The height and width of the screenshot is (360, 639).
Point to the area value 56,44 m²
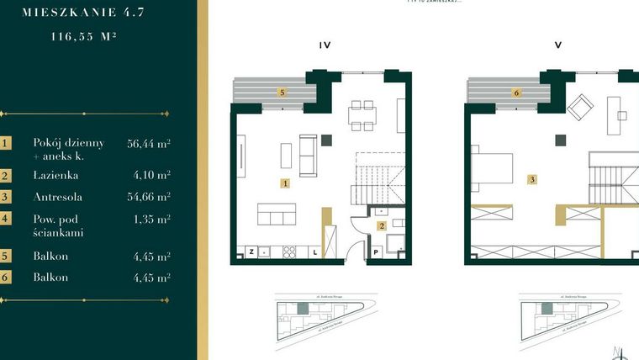point(148,144)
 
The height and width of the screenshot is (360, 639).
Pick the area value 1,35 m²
point(151,219)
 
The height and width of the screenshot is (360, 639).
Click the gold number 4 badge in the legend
point(7,219)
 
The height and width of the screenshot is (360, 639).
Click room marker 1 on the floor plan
point(286,183)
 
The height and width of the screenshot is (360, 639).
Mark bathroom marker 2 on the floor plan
point(381,225)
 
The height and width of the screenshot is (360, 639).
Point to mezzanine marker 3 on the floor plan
point(531,179)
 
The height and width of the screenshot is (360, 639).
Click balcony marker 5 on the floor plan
point(283,93)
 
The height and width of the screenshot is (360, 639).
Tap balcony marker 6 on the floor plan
point(516,93)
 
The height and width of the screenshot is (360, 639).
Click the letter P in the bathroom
point(375,251)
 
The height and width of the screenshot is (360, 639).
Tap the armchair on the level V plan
point(579,108)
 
